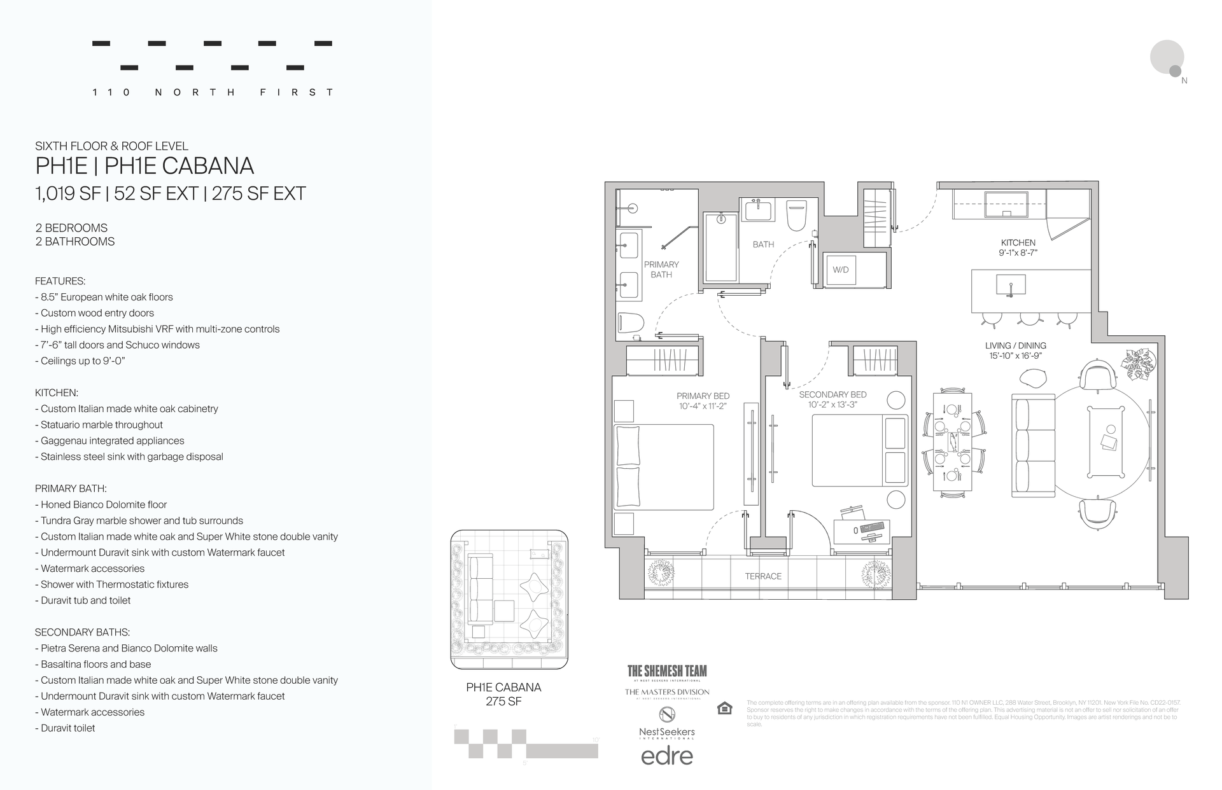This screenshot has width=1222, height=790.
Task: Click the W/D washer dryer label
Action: point(840,270)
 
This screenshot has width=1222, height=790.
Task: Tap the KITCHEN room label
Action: point(1018,242)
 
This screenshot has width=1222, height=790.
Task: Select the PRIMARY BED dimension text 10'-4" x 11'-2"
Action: point(703,406)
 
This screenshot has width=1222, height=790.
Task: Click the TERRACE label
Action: point(762,576)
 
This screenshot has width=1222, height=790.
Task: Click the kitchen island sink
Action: point(1010,286)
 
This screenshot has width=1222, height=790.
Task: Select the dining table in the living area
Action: point(952,441)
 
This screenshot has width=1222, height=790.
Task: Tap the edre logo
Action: point(666,756)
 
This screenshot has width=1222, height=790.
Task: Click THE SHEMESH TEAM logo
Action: point(666,672)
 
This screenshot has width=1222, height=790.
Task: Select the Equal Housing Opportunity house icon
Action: point(724,708)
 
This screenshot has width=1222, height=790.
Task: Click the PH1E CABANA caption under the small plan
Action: point(503,688)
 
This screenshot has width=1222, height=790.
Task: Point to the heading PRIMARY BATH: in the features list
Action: point(71,489)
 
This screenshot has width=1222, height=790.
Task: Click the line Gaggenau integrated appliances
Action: point(112,441)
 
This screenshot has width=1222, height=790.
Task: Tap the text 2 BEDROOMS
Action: point(71,228)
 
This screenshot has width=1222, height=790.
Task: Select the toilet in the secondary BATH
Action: point(796,216)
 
